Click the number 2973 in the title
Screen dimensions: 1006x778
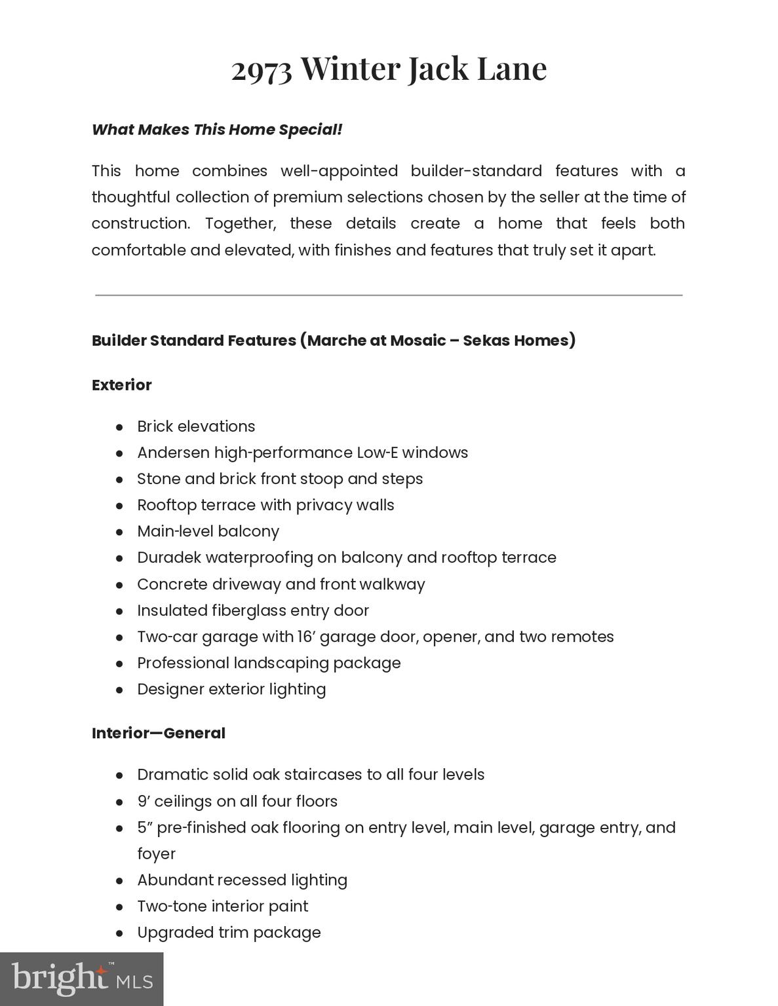262,69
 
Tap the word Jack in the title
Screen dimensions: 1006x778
438,69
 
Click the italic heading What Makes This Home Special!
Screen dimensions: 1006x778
217,130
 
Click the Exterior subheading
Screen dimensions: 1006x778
122,385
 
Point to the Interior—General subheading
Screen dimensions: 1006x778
159,734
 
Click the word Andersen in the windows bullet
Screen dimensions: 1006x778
173,453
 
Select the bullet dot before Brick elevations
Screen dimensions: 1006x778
119,427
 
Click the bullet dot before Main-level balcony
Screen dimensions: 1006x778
119,532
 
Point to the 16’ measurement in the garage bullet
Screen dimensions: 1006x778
306,637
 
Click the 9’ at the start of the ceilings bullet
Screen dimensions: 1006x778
144,802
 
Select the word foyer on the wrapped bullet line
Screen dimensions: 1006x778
156,854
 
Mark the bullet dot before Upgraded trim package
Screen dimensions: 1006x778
119,933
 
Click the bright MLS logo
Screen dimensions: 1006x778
81,978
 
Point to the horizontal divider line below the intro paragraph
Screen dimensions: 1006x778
389,295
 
